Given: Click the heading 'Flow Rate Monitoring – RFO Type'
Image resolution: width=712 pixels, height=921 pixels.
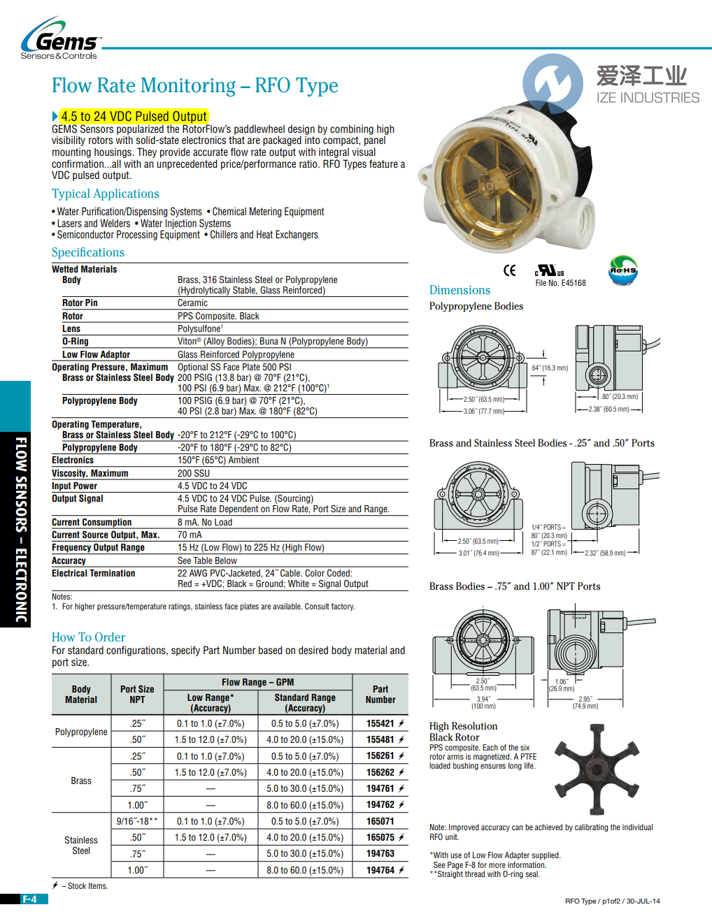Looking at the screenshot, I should pos(194,86).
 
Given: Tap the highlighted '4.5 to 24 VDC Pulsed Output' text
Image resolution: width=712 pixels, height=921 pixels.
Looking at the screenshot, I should pos(134,117).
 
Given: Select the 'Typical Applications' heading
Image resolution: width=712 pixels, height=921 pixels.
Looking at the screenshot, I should pos(105,194).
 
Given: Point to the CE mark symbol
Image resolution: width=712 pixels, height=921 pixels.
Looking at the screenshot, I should pos(510,270).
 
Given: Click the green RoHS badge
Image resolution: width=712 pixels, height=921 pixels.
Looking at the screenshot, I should pos(622,270).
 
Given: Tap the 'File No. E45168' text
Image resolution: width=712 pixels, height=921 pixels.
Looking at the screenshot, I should pos(560,283).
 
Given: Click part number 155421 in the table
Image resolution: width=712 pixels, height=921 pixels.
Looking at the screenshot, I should pos(380,724).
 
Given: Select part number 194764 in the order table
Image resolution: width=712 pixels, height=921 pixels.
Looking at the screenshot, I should pos(380,870).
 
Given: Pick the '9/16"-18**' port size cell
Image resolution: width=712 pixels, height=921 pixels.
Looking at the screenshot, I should pos(137,822).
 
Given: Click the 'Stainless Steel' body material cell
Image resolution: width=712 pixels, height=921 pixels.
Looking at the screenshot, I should pos(81,846).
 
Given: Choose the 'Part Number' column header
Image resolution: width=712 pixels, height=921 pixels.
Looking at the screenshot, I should pos(380,694).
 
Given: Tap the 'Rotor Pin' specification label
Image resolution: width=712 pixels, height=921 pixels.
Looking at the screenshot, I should pos(80,303).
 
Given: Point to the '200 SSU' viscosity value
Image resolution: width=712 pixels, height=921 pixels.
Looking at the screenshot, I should pos(194,474).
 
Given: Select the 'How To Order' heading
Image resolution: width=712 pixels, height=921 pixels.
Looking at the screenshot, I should pos(88,637).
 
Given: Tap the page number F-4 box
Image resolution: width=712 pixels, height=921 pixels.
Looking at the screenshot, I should pos(29,899).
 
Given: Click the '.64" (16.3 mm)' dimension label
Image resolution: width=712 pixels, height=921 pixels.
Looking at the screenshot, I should pos(549,368).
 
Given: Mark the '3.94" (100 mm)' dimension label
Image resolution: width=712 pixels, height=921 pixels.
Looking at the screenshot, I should pos(483,702).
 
